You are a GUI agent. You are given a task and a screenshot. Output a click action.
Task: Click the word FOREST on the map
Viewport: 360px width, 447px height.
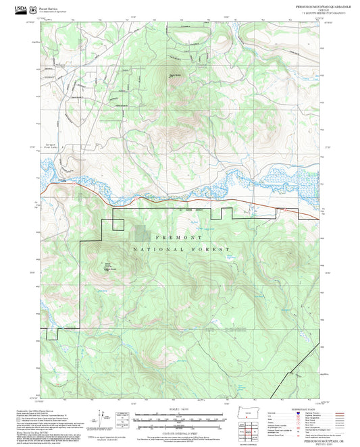(210, 250)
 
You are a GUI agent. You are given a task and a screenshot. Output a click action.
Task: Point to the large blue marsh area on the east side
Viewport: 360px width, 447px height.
(297, 177)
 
